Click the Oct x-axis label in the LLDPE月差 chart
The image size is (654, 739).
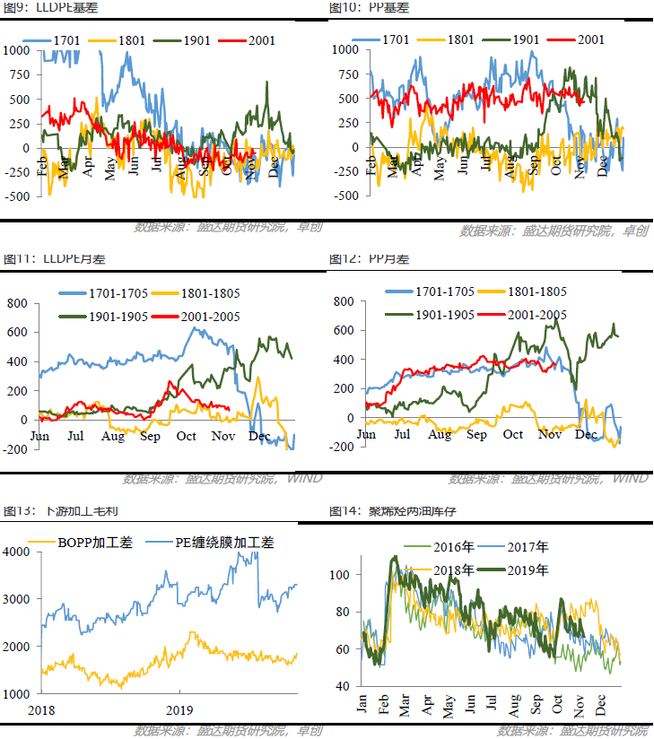point(186,436)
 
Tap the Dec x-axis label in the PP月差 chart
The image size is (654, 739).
point(586,434)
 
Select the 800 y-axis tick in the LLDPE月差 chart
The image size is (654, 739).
point(19,303)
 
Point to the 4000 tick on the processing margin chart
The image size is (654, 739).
point(19,552)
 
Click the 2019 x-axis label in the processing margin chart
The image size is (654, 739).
point(179,709)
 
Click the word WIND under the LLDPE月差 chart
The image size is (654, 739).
point(304,478)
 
